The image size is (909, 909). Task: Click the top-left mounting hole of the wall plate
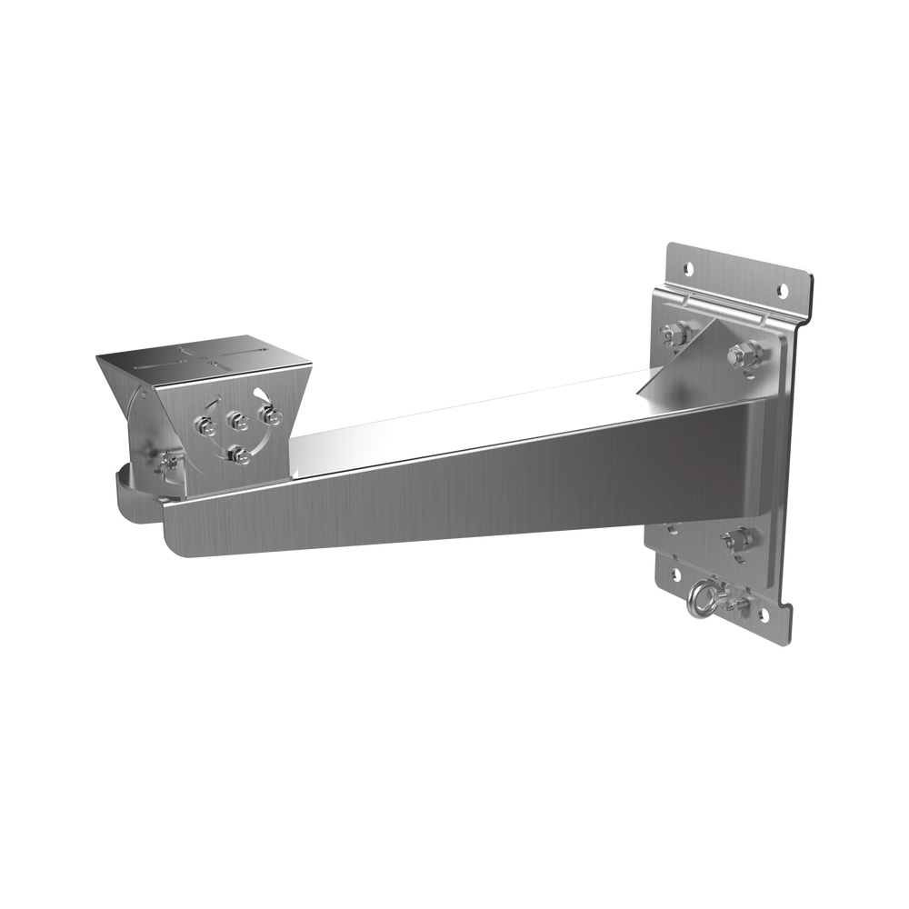pos(687,268)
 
